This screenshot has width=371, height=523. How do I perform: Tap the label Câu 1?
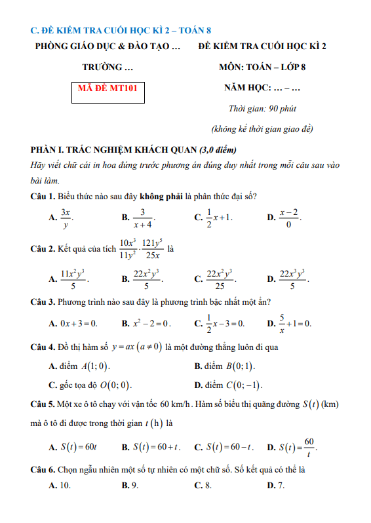[43, 196]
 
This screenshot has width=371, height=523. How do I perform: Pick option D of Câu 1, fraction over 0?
[289, 217]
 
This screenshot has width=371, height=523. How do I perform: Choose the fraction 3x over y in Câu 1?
[66, 217]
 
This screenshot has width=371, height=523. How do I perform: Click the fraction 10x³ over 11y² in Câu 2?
[128, 249]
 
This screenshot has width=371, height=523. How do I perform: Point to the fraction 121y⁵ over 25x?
[152, 249]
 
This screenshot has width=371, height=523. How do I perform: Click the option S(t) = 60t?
[79, 448]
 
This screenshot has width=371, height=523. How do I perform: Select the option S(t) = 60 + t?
[153, 448]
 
